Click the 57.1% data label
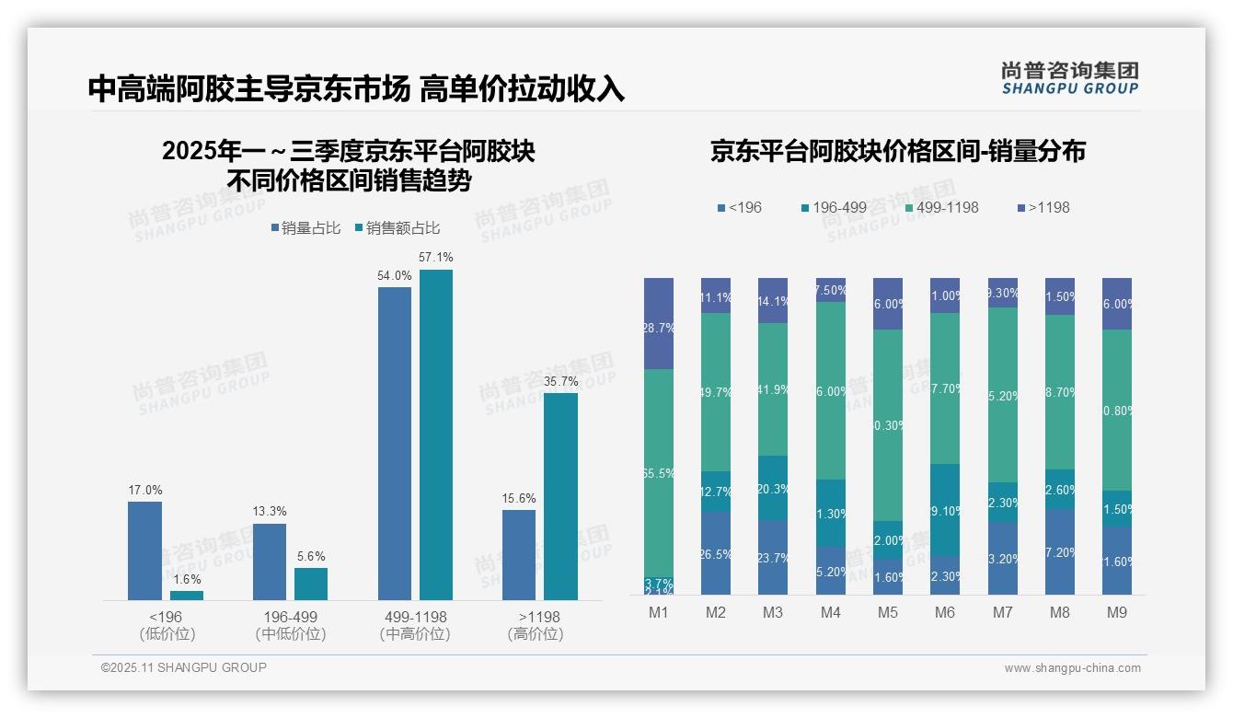pos(435,258)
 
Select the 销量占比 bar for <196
pos(144,550)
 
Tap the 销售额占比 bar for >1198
pos(560,496)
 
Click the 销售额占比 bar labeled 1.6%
pos(187,596)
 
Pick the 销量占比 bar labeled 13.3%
pos(270,562)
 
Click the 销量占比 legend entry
pos(307,228)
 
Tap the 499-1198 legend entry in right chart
pos(940,207)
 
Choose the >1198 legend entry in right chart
pos(1043,207)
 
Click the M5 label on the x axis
pos(888,612)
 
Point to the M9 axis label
pos(1117,612)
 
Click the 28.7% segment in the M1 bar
pos(659,323)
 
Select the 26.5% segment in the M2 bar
pos(716,553)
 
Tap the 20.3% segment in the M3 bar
pos(773,488)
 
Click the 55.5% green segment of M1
pos(659,472)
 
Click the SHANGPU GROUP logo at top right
pos(1069,78)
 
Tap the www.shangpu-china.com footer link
pos(1072,668)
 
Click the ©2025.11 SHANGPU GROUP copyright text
pos(184,667)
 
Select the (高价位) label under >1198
pos(535,634)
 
